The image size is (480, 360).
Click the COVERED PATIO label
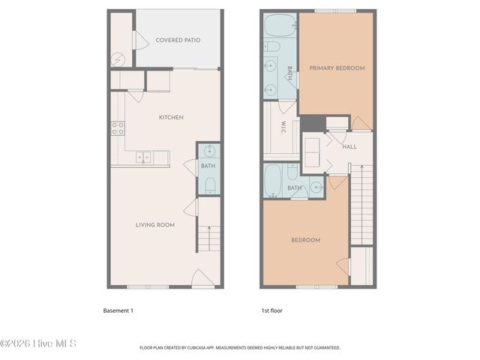[178, 40]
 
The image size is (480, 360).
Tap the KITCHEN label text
[171, 117]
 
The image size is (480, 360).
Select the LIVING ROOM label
[155, 225]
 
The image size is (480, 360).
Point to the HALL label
[349, 146]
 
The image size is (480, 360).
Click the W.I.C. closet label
[284, 128]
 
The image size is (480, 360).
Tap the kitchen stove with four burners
[118, 128]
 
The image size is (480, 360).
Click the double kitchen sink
[142, 157]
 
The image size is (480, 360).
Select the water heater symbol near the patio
[118, 59]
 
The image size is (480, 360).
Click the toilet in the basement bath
[210, 184]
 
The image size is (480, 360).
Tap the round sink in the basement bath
[209, 150]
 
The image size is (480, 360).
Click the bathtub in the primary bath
[280, 26]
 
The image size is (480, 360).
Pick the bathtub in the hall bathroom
[274, 180]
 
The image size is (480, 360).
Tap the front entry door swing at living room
[200, 278]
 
